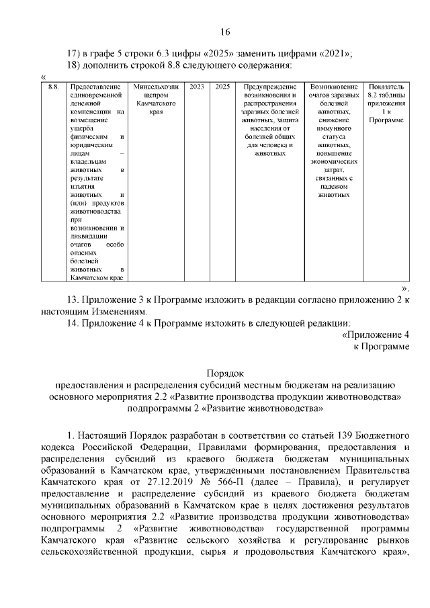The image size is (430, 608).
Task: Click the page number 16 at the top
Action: (225, 32)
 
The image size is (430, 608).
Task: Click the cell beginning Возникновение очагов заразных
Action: (334, 140)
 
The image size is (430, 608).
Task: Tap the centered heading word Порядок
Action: (225, 372)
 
